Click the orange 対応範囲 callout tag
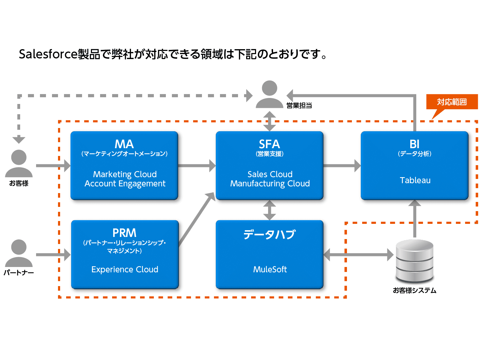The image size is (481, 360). (452, 102)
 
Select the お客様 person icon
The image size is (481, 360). (19, 163)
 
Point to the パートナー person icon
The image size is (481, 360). (19, 253)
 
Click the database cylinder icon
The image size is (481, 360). (415, 261)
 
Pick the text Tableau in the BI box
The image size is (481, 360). (415, 180)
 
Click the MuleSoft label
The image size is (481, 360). (270, 269)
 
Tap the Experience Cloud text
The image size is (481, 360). (125, 269)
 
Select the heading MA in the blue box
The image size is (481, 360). (124, 144)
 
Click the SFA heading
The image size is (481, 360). (270, 144)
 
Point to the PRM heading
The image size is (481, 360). (124, 233)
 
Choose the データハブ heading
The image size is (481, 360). (270, 234)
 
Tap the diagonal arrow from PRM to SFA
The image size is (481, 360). (197, 219)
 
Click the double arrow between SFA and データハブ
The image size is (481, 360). (270, 210)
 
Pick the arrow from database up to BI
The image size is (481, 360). (415, 219)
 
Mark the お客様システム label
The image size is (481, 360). (415, 290)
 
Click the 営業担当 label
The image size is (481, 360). (299, 105)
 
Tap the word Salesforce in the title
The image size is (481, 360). (48, 54)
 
